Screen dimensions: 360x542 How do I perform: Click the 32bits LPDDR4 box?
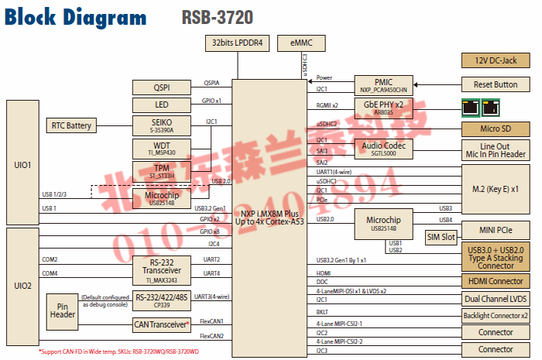click(x=238, y=44)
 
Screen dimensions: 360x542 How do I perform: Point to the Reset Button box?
click(x=495, y=84)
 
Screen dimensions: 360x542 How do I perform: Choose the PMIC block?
click(x=382, y=84)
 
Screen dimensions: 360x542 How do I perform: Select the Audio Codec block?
click(x=382, y=148)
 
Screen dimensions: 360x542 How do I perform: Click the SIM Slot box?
click(x=441, y=238)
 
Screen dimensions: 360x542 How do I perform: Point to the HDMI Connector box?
click(x=495, y=281)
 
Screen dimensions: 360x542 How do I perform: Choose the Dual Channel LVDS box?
click(x=495, y=299)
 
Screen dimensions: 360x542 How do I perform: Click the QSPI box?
click(x=162, y=87)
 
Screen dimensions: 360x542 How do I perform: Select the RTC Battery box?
click(x=72, y=125)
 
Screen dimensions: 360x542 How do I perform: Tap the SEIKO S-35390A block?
click(x=162, y=125)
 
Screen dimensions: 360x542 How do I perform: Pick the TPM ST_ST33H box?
click(x=162, y=171)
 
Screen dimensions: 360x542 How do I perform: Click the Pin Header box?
click(x=63, y=310)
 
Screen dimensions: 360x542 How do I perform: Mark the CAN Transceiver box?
click(x=162, y=324)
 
